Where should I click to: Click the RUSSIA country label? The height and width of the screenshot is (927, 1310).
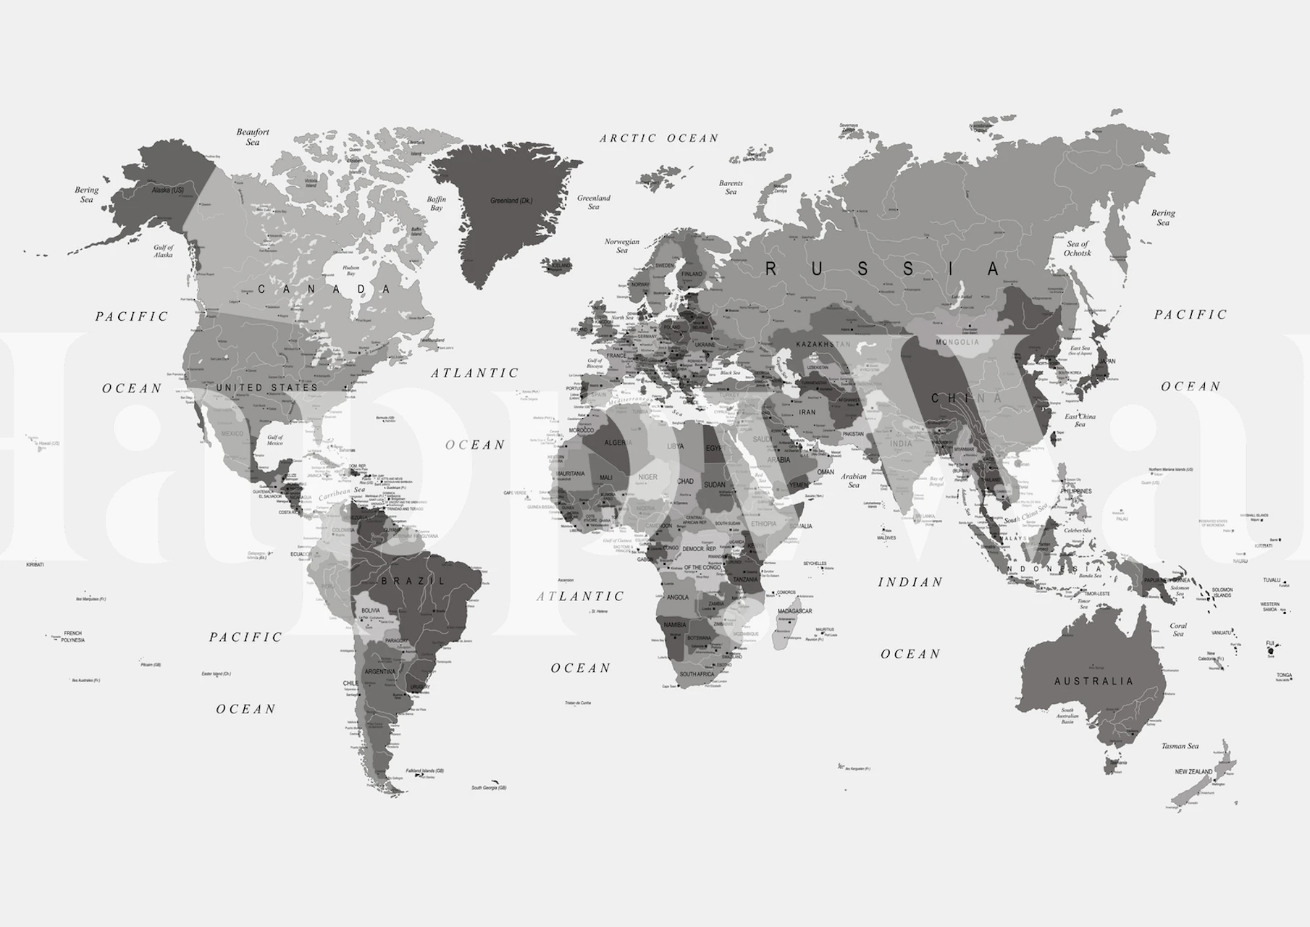click(883, 269)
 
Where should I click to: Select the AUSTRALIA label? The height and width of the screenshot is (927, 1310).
click(1093, 681)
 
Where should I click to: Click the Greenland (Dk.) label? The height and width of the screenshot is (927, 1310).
click(511, 201)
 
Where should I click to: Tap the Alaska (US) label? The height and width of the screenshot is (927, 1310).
click(167, 190)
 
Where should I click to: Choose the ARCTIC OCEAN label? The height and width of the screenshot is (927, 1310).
click(659, 138)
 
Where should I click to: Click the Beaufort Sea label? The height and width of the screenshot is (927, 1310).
click(253, 137)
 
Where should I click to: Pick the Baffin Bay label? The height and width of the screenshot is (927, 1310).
click(437, 204)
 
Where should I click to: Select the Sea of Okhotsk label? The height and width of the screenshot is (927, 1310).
click(1078, 248)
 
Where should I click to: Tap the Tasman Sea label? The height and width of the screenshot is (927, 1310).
click(1180, 746)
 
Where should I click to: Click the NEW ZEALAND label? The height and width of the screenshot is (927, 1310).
click(1193, 772)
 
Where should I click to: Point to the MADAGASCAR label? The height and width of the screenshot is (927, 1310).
click(795, 611)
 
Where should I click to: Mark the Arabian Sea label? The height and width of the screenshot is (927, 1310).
click(854, 480)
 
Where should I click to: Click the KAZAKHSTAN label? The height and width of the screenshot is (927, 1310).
click(823, 344)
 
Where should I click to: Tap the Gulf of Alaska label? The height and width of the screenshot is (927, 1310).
click(164, 251)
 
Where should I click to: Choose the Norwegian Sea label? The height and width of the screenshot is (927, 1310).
click(622, 246)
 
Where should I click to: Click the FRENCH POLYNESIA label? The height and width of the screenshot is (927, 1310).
click(72, 637)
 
